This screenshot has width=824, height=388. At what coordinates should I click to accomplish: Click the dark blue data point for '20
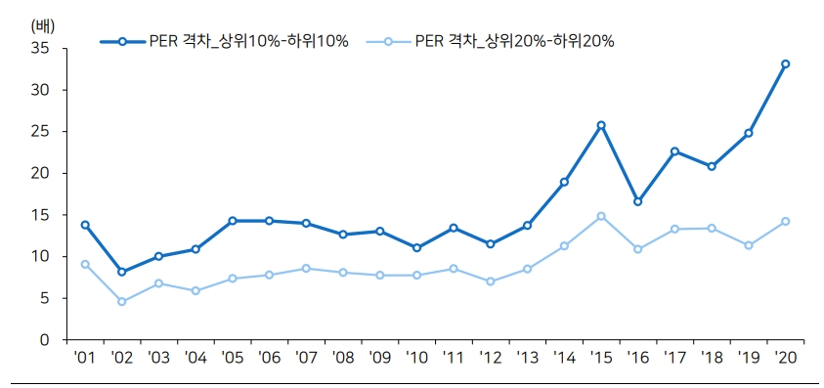pos(785,65)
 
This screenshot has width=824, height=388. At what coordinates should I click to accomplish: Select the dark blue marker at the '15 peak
pos(601,125)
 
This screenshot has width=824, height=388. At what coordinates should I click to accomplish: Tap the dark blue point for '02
pos(121,272)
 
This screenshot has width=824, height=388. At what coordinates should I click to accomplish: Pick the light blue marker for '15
pos(601,216)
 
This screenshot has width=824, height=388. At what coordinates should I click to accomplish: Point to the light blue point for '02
pos(121,302)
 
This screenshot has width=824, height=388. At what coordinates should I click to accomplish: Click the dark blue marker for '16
pos(637,201)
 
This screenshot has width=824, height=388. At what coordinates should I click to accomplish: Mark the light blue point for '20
pos(785,222)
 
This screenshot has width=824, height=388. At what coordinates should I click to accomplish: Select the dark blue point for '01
pos(85,225)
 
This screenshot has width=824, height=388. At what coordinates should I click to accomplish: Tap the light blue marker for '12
pos(490,281)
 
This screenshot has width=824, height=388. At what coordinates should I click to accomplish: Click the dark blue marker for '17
pos(674,151)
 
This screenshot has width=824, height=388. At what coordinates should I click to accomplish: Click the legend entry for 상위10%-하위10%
pos(224,41)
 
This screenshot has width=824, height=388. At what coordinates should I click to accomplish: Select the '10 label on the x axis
pos(416,359)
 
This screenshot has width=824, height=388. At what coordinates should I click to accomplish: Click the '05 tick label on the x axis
pos(232,359)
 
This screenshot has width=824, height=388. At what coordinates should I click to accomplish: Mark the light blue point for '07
pos(306,268)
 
